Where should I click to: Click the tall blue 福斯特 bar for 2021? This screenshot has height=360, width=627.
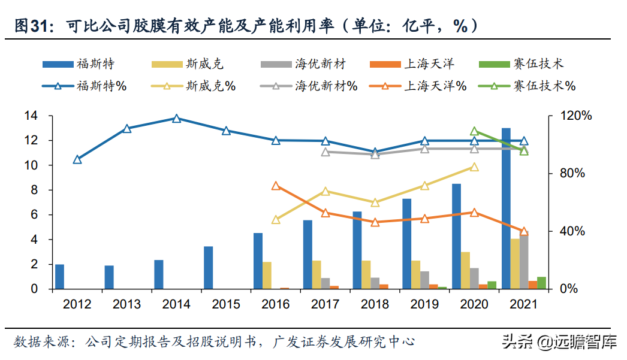coord(506,208)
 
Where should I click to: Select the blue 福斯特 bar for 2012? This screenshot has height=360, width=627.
coord(59,277)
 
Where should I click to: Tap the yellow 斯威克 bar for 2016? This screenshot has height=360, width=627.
coord(267,276)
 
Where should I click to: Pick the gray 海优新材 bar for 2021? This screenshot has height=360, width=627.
coord(524,262)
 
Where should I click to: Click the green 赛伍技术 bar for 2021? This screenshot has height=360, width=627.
coord(541,283)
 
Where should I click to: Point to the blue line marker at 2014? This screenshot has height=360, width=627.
coord(176,119)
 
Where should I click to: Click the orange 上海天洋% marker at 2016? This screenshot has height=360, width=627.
coord(276,186)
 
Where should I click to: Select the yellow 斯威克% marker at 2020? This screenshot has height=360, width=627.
coord(474,167)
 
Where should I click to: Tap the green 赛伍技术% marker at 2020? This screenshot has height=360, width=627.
coord(474,131)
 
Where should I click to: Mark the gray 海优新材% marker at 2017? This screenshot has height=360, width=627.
coord(325,152)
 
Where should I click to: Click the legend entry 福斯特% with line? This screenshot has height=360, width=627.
coord(83,86)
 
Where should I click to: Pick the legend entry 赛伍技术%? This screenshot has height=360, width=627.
coord(527,86)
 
